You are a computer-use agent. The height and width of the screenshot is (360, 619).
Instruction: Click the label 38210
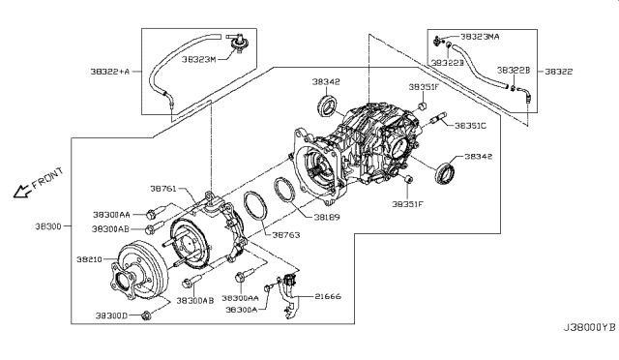(x=88, y=260)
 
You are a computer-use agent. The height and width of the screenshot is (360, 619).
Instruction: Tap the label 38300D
(x=112, y=315)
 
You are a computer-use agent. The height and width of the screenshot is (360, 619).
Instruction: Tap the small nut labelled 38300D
(x=147, y=316)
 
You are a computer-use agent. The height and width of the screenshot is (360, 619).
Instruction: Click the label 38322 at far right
(x=559, y=72)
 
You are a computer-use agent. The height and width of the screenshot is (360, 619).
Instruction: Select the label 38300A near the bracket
(x=242, y=310)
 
